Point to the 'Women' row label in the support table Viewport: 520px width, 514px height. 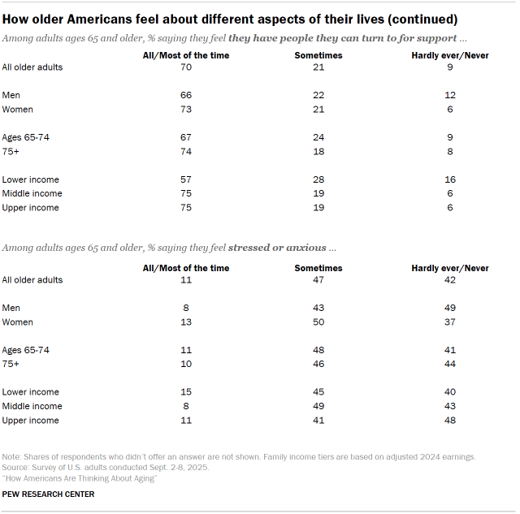click(18, 109)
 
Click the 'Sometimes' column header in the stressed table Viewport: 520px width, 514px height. click(318, 268)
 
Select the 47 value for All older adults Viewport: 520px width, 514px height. click(318, 280)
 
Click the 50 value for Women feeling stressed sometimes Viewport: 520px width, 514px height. click(318, 322)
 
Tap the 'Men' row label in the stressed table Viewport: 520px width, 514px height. click(12, 309)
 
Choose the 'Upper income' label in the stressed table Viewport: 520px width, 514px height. click(30, 420)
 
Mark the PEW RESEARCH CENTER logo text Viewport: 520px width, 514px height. click(49, 495)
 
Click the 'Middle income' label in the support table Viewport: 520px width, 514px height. click(32, 193)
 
